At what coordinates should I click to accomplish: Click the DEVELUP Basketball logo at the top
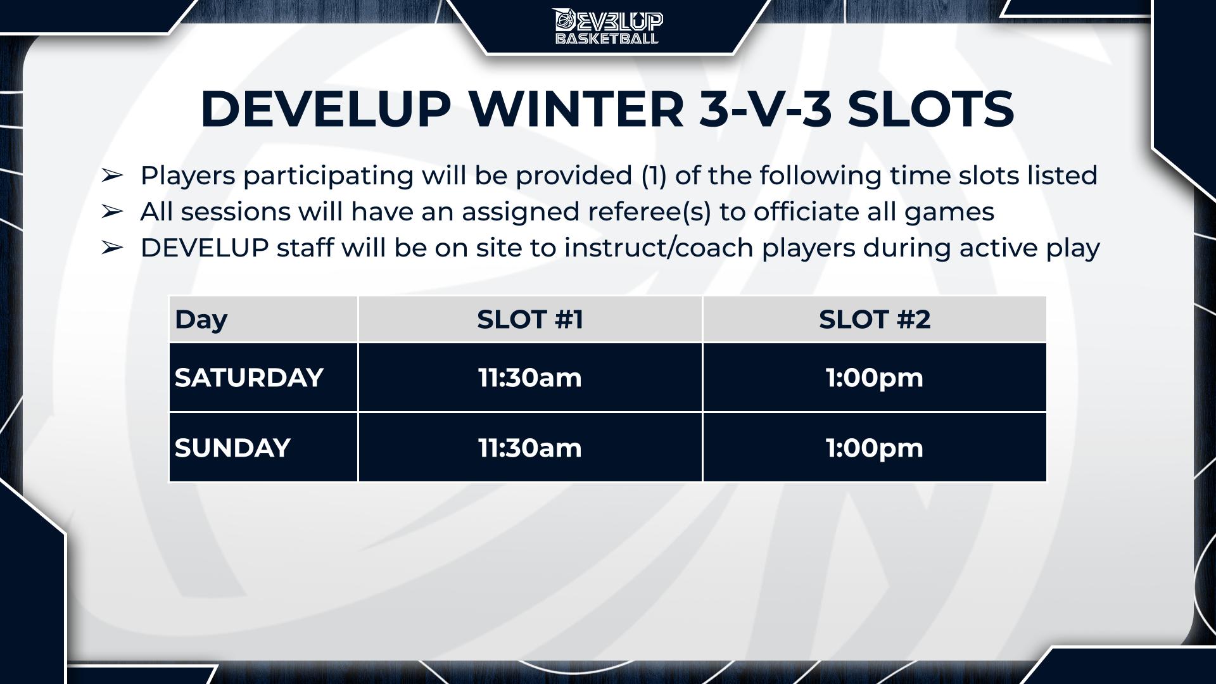pos(608,27)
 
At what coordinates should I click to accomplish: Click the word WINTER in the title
pos(576,109)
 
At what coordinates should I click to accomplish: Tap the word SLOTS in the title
pos(931,109)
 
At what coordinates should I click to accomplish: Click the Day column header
pos(201,320)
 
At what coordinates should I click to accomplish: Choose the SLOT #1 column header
pos(530,319)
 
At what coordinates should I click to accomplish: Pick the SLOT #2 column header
pos(875,319)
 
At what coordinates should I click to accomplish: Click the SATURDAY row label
pos(249,377)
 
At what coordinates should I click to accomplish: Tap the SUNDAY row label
pos(232,448)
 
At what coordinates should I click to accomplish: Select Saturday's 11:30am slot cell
pos(530,377)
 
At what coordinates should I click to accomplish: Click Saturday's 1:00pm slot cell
pos(875,377)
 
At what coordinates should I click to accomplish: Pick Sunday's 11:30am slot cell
pos(530,448)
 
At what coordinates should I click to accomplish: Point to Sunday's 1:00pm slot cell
pos(875,448)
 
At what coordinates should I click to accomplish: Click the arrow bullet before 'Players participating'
pos(111,175)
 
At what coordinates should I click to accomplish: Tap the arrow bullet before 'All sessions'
pos(111,212)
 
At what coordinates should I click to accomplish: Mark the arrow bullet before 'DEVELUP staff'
pos(111,248)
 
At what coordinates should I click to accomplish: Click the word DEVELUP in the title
pos(326,109)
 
